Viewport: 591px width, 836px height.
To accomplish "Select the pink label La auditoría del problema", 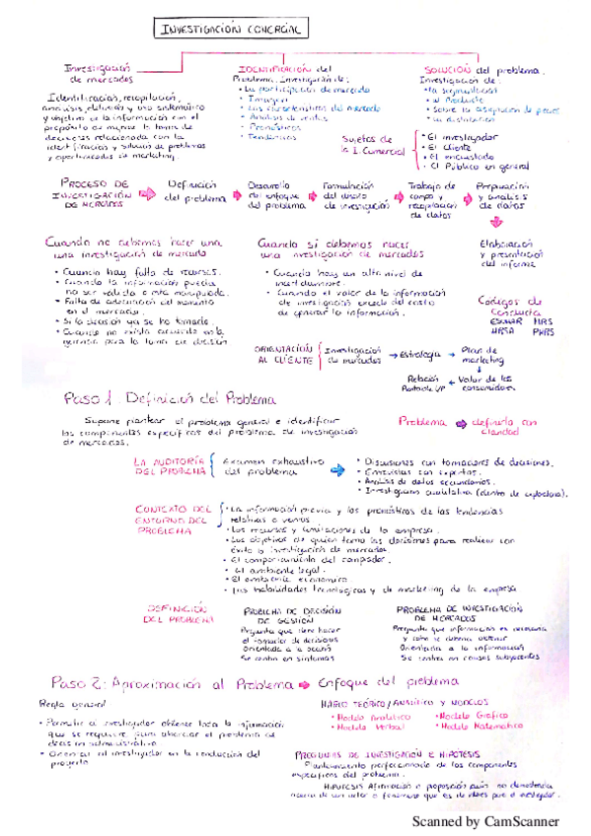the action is pos(171,466).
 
